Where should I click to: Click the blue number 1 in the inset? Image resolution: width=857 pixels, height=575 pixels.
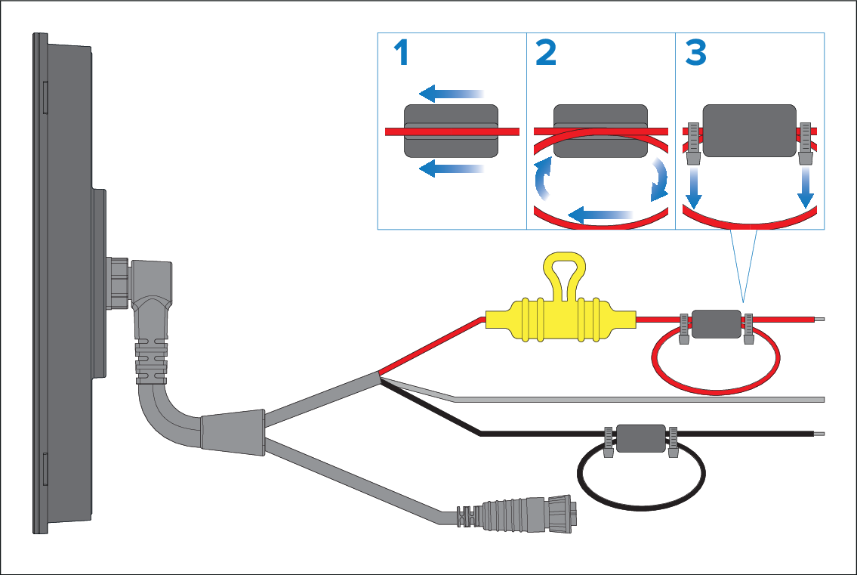coord(402,54)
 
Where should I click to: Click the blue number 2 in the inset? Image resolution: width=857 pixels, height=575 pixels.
coord(545,54)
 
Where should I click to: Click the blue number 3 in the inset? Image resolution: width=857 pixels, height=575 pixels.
coord(695,54)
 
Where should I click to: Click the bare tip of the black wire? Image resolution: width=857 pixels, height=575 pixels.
coord(820,434)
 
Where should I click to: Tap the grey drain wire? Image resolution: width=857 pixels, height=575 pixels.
coord(642,398)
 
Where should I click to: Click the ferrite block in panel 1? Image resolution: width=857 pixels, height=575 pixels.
coord(451,131)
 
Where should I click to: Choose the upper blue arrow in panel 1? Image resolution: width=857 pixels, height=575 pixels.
coord(451,94)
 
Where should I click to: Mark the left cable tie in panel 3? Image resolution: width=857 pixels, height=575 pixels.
coord(694,144)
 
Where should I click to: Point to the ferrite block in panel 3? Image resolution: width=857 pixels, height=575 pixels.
coord(750,131)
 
